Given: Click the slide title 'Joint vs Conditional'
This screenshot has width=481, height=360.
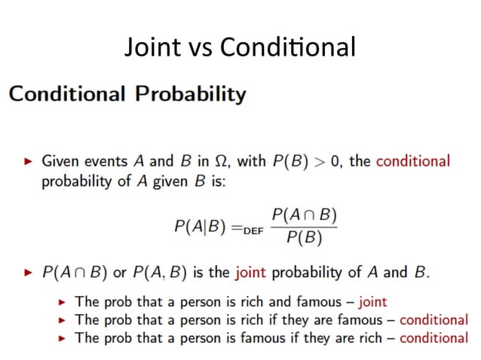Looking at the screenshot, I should click(240, 47).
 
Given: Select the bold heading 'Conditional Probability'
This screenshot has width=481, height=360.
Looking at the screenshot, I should click(127, 94).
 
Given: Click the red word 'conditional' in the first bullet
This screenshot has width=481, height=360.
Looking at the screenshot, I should click(412, 161).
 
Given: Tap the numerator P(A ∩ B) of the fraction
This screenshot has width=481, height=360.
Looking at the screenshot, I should click(304, 215).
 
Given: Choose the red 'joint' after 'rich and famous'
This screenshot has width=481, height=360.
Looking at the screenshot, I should click(372, 302).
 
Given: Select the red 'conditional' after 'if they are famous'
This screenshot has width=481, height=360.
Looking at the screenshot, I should click(434, 320).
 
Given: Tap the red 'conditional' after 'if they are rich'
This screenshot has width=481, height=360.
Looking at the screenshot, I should click(434, 338).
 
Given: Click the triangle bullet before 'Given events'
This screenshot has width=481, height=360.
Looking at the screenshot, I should click(29, 162).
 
